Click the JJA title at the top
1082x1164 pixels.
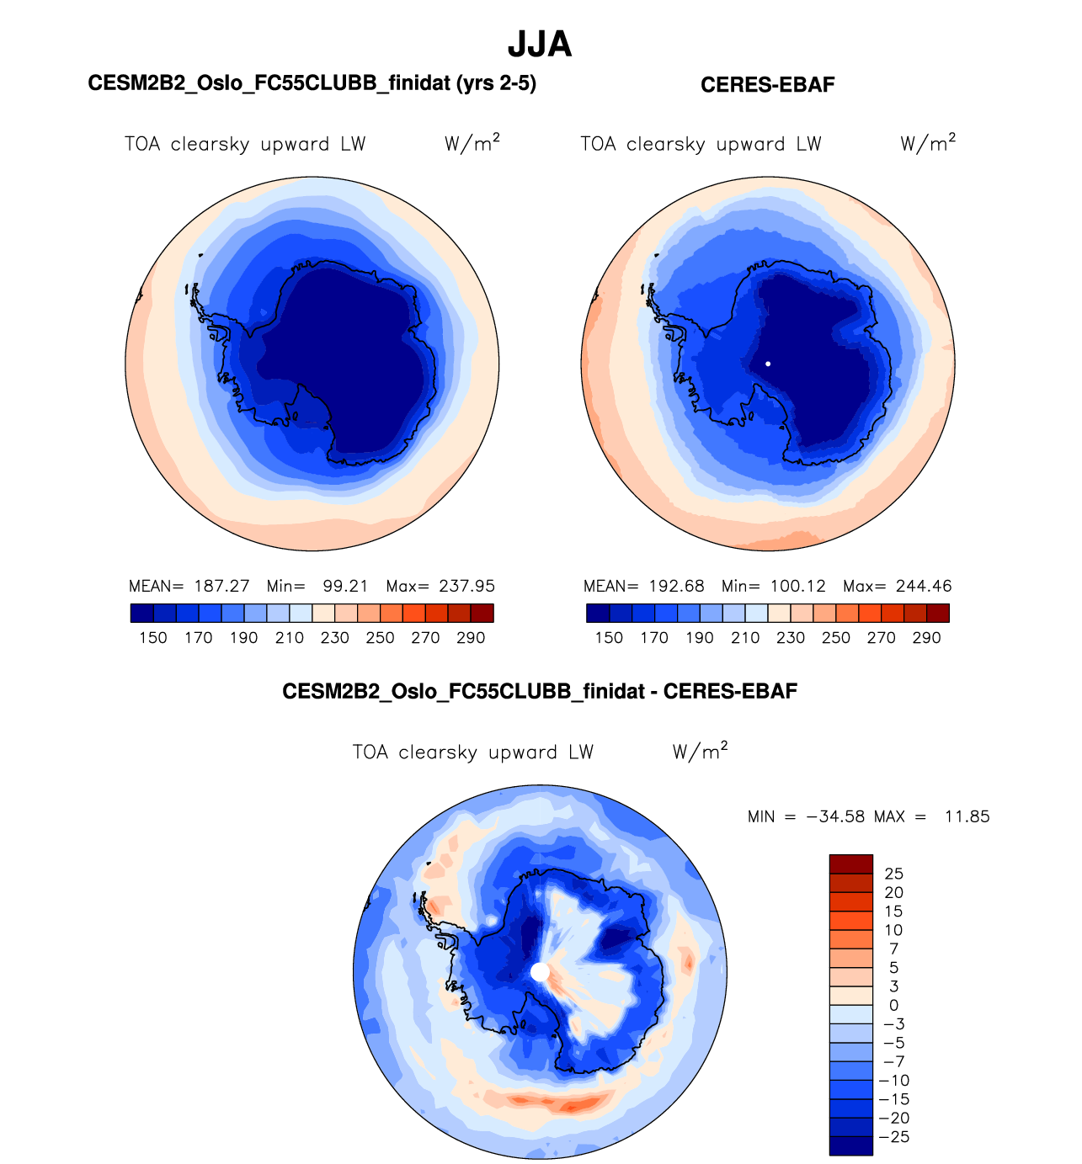[540, 45]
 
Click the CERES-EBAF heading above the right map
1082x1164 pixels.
[767, 85]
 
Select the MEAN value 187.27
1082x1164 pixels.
[221, 586]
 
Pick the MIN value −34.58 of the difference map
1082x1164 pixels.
[835, 816]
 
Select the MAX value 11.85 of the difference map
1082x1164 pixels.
[967, 816]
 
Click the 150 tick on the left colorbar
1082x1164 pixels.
[153, 638]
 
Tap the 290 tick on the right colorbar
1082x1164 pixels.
[926, 638]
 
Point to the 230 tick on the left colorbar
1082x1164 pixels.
[334, 638]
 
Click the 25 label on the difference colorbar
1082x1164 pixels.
[893, 874]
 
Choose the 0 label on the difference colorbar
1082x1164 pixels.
[893, 1005]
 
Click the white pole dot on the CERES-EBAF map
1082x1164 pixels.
[768, 364]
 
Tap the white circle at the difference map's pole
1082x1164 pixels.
[540, 972]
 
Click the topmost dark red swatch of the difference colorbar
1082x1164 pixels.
[850, 864]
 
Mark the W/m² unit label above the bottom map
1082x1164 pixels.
[700, 751]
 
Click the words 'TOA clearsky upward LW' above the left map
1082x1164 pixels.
[245, 144]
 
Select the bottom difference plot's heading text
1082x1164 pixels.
[540, 692]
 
